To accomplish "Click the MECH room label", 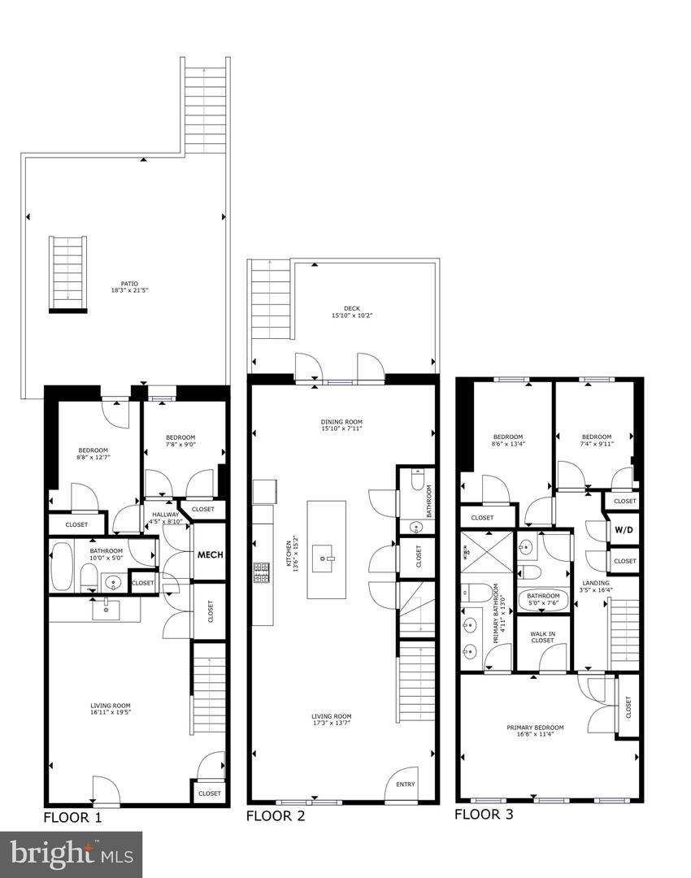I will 210,554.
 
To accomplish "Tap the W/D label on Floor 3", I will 624,530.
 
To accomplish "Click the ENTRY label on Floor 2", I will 405,785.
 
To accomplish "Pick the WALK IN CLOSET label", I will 542,637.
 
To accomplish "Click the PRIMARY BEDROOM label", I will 535,728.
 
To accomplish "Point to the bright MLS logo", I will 71,854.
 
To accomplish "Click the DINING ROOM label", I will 341,422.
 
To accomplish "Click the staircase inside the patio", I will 67,273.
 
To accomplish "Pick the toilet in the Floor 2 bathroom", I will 417,482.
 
